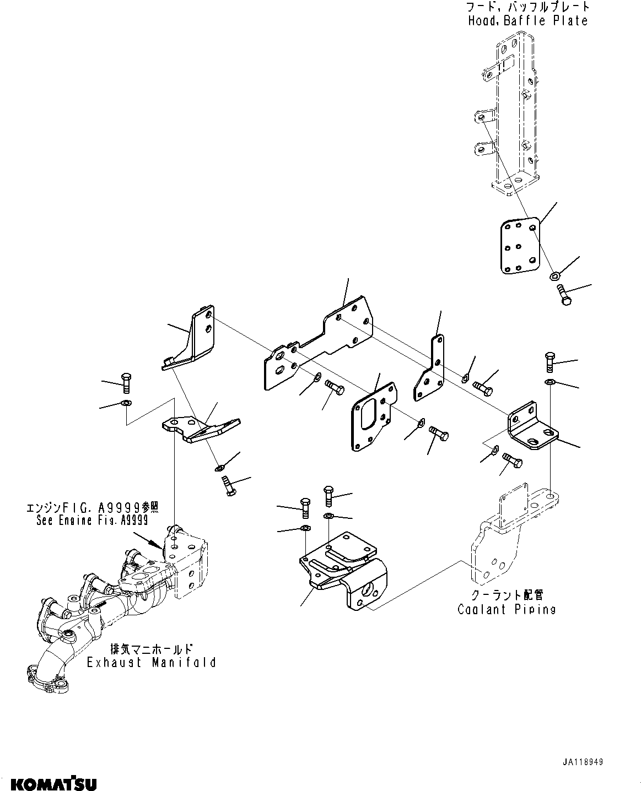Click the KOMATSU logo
[50, 783]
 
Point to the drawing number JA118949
[583, 762]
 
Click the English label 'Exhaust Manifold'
[151, 662]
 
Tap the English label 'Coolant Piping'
[507, 609]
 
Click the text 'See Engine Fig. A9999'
[91, 519]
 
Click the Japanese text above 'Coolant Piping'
[507, 595]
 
